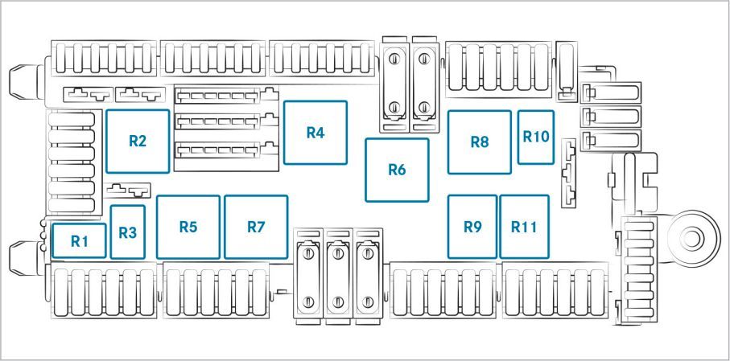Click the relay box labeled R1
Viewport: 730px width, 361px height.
79,240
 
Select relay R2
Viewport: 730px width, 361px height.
138,141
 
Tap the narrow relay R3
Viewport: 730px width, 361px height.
127,232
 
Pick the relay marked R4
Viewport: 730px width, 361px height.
316,133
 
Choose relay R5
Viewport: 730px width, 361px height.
188,227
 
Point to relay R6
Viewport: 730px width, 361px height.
397,170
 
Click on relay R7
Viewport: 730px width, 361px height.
256,227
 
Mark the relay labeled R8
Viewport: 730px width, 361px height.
480,142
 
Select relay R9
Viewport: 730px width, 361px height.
472,227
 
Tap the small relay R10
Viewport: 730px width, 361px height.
536,137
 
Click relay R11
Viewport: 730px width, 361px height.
524,227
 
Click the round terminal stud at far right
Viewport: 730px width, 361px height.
693,236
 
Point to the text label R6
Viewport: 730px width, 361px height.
397,170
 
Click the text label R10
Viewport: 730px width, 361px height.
536,137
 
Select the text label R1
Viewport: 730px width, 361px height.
79,241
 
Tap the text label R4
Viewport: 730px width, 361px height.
316,133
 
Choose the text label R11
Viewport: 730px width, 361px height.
524,227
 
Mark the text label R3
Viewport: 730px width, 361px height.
127,232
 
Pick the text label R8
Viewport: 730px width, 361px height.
480,142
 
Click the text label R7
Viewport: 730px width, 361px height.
256,228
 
